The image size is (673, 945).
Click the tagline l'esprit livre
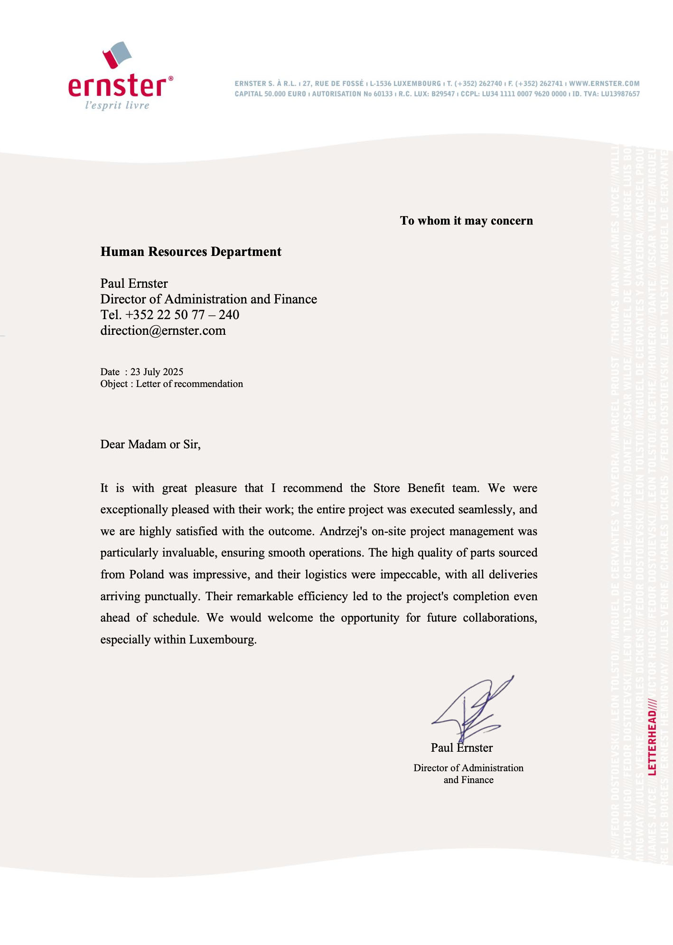[117, 105]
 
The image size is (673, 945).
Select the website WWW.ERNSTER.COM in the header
[604, 84]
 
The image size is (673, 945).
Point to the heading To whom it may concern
[466, 221]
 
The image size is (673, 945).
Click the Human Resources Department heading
[191, 252]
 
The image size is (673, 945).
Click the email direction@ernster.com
[163, 331]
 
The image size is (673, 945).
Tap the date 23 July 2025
[157, 372]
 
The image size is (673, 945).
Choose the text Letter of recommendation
[189, 384]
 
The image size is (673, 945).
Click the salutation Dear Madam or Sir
[150, 444]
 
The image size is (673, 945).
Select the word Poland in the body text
[147, 575]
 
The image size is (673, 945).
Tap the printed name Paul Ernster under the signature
[461, 748]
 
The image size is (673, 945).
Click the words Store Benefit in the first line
[409, 488]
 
